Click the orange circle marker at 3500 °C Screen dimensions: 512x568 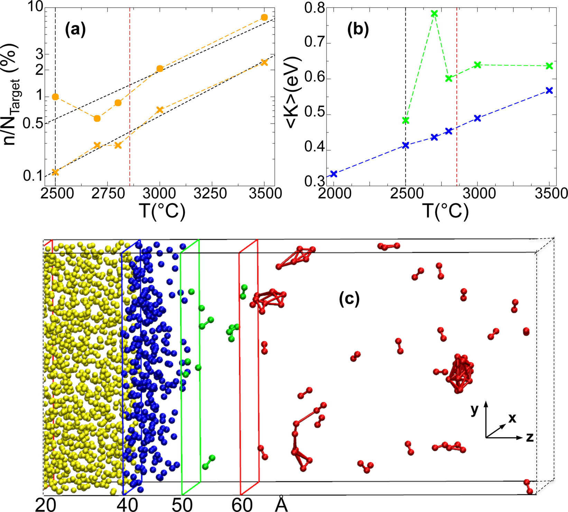click(264, 17)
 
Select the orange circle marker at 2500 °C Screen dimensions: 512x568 click(55, 97)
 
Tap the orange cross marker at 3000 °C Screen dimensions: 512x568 click(159, 110)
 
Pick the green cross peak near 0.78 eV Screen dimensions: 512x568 click(435, 13)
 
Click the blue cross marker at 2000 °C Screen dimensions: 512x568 click(333, 174)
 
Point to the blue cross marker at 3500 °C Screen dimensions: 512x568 click(549, 91)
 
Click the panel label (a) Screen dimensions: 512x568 click(75, 30)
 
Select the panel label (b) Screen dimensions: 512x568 click(358, 30)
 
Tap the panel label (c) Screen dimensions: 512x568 click(349, 299)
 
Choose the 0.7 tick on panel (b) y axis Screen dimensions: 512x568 click(315, 43)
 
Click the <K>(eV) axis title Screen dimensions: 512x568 click(294, 93)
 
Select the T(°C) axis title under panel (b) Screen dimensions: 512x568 click(446, 210)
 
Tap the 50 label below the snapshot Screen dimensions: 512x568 click(182, 505)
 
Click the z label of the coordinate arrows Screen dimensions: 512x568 click(529, 438)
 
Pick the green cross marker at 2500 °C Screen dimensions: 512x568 click(406, 120)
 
